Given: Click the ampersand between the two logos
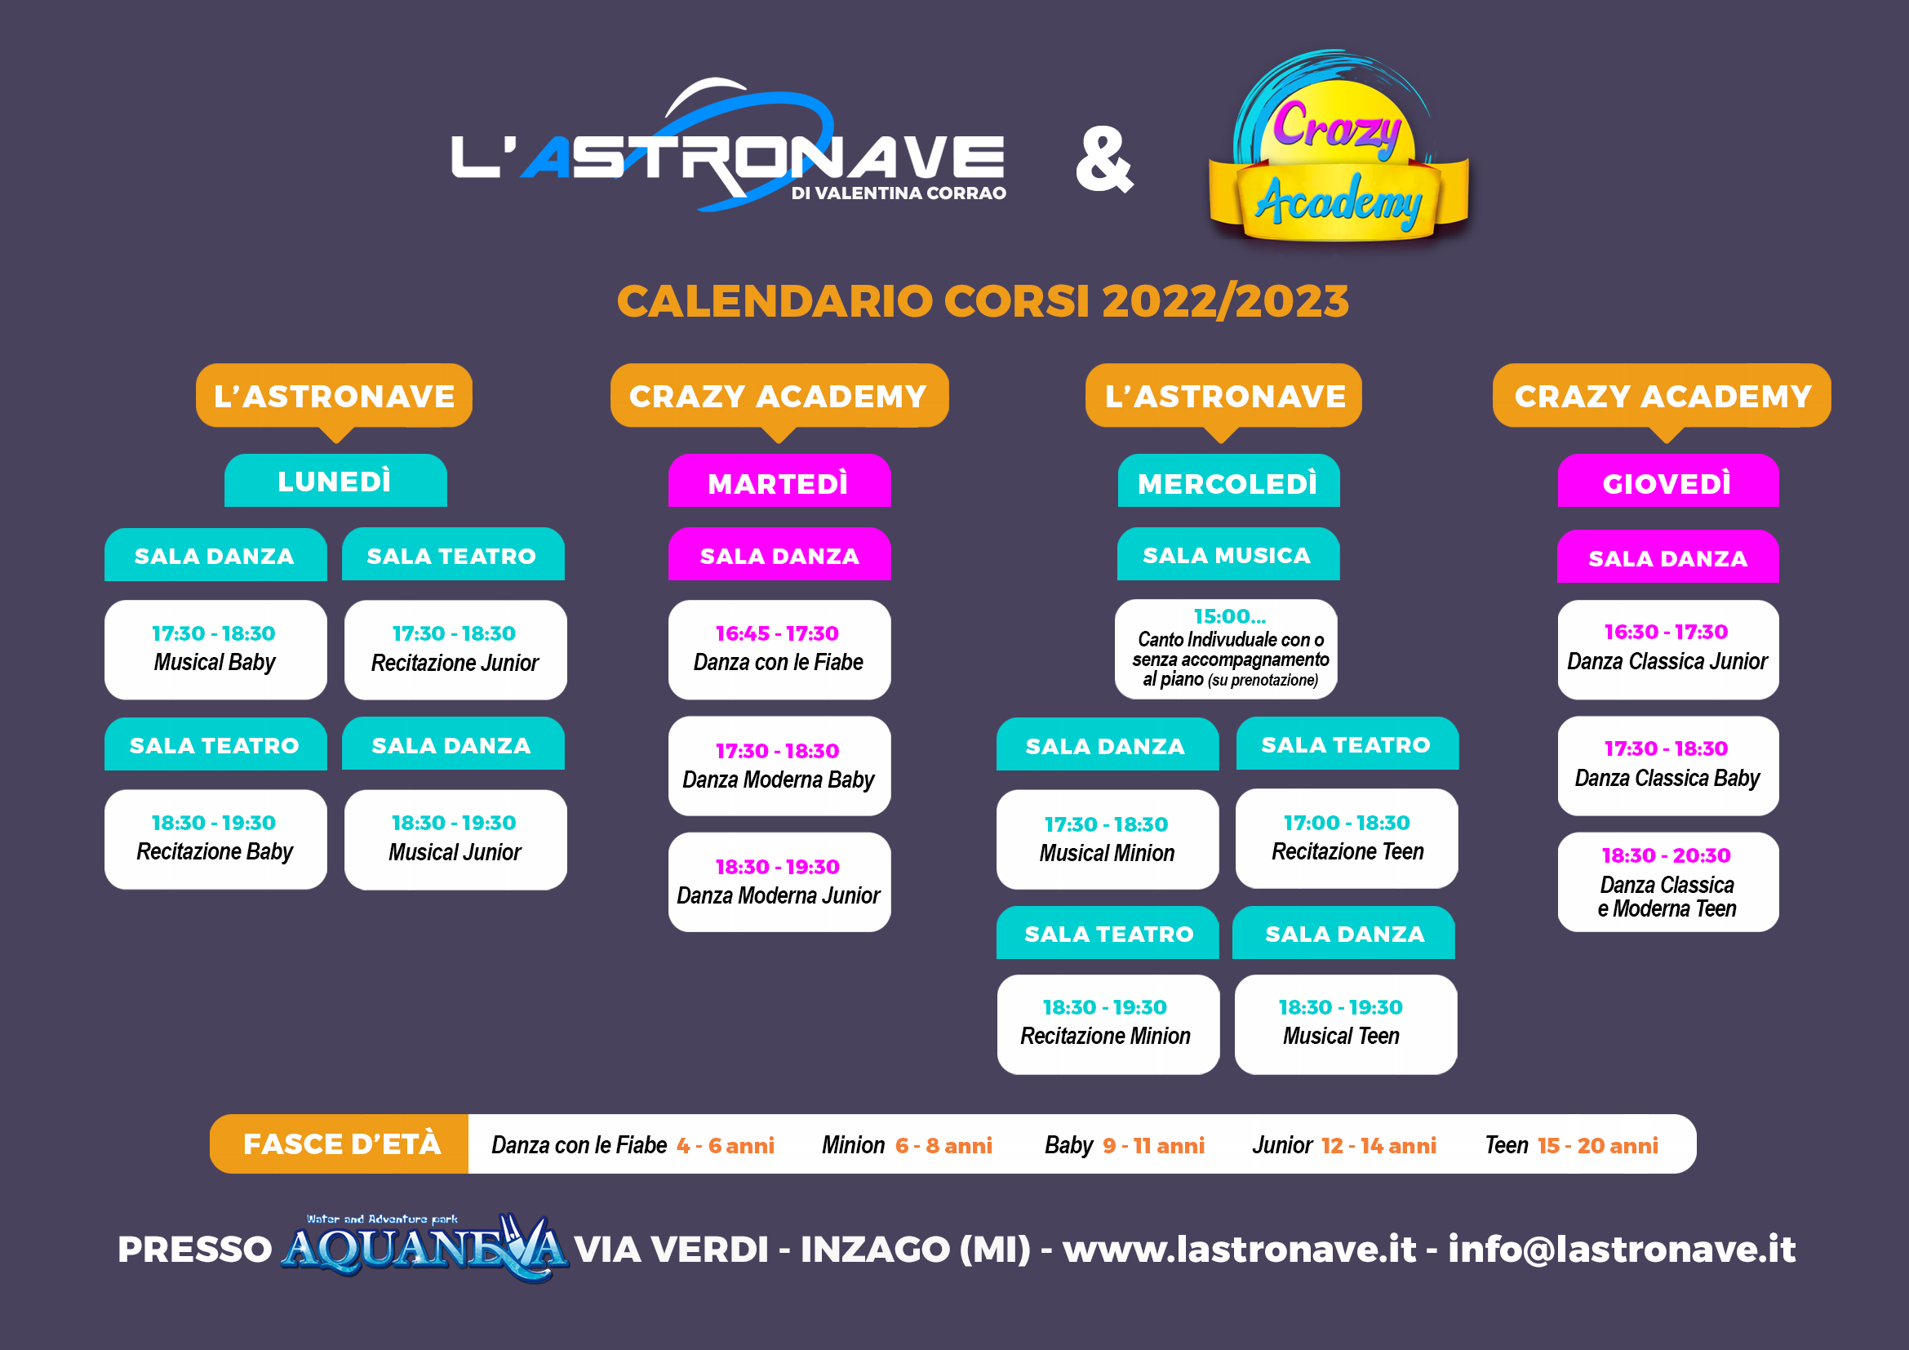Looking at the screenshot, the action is (x=1104, y=160).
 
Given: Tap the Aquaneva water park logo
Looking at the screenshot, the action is (x=424, y=1247).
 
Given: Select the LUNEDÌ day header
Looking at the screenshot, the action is (x=335, y=481).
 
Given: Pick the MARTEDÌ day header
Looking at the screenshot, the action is (x=779, y=481).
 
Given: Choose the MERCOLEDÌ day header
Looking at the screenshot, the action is (x=1228, y=481).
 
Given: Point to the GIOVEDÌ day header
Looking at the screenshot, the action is (x=1668, y=481).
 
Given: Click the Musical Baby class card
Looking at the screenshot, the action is (x=215, y=649).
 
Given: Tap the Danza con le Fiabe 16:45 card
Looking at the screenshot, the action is (x=779, y=649).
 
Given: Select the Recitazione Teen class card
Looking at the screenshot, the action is (x=1347, y=839).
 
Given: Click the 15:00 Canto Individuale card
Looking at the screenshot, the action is (x=1227, y=649).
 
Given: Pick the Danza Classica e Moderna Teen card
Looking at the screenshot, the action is (x=1668, y=882).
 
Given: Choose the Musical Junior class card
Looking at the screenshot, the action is (x=455, y=840).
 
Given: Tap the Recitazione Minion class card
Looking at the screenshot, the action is (x=1108, y=1024).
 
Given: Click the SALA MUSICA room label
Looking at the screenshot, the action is (x=1228, y=553).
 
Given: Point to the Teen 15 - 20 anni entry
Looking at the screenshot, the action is (x=1571, y=1145).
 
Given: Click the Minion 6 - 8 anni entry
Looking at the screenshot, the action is (x=907, y=1145).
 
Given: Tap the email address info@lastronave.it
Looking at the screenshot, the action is (x=1622, y=1249).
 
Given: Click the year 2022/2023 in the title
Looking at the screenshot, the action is (x=1225, y=301).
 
